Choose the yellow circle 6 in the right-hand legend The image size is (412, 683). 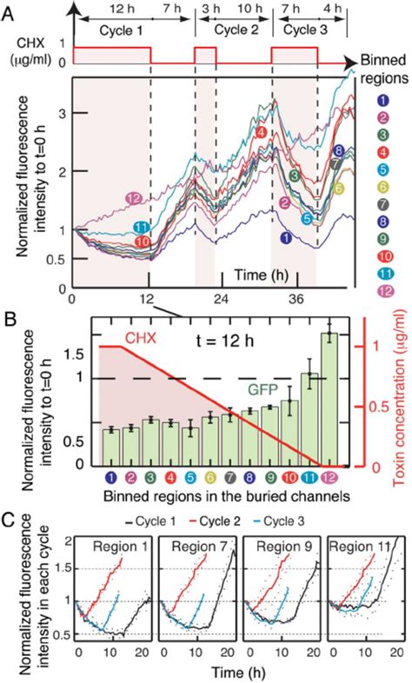click(x=384, y=188)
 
